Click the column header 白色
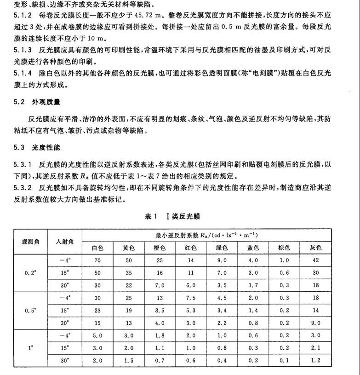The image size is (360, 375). (x=97, y=248)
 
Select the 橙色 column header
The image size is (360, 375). (x=160, y=248)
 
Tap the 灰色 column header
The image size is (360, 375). (x=315, y=248)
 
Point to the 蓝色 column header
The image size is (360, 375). (x=253, y=248)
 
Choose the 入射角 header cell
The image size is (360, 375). (x=64, y=242)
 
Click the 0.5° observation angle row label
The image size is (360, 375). (x=31, y=310)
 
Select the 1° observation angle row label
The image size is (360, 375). (x=31, y=349)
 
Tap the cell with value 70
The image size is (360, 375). (x=97, y=260)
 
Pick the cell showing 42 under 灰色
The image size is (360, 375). (x=315, y=260)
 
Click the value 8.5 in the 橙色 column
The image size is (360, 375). (x=160, y=310)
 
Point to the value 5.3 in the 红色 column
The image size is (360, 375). (x=191, y=310)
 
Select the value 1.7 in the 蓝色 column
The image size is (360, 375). (x=253, y=285)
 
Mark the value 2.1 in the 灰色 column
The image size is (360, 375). (x=315, y=349)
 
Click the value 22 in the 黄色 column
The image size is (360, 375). (x=128, y=285)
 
